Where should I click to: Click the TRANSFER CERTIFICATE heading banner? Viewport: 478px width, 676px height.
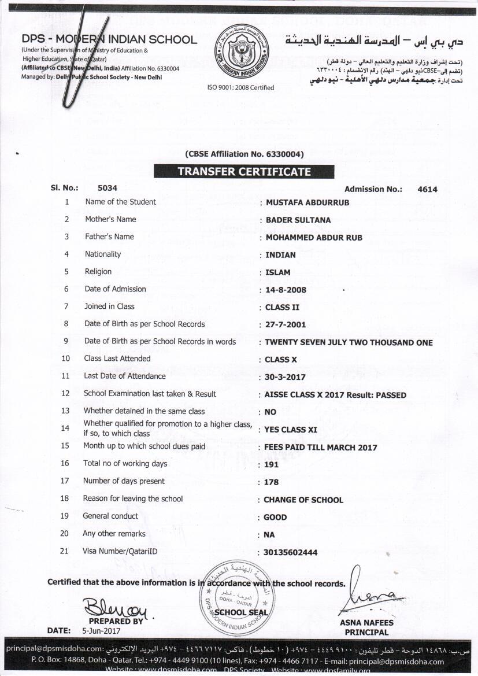(243, 172)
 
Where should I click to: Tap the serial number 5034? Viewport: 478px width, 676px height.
(108, 188)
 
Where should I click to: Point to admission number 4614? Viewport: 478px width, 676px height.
(427, 189)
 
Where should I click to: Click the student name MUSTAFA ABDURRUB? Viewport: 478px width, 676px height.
(307, 202)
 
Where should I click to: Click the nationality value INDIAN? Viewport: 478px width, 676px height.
(280, 254)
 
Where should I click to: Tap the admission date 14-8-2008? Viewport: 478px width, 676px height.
(286, 290)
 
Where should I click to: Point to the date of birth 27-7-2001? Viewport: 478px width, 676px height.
(285, 325)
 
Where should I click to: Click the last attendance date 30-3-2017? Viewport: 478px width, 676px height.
(285, 377)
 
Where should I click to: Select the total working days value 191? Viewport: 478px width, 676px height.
(271, 464)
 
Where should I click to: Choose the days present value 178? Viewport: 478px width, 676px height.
(271, 482)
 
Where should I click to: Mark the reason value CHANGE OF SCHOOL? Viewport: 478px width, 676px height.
(303, 500)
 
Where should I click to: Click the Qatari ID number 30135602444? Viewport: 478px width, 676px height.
(290, 552)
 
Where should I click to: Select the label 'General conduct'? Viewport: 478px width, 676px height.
(110, 516)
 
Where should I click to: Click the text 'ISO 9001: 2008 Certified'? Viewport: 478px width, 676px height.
(240, 88)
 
